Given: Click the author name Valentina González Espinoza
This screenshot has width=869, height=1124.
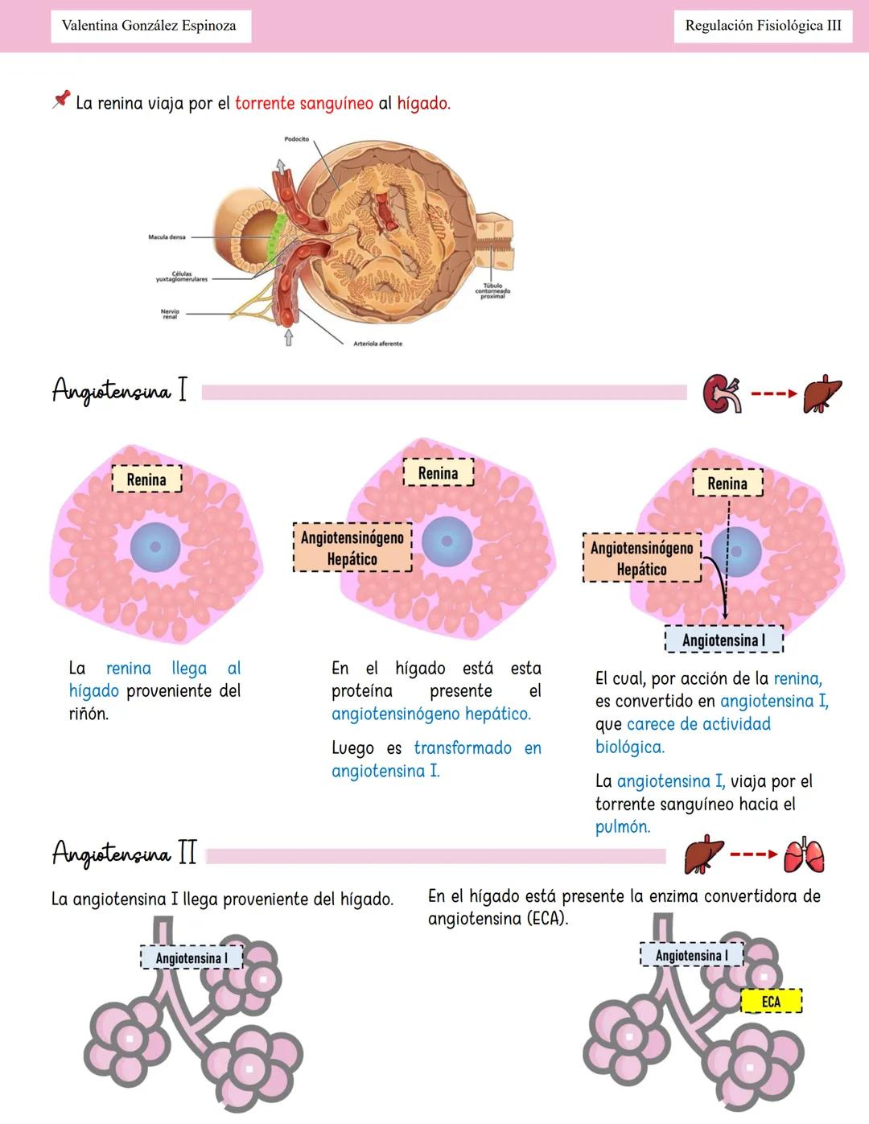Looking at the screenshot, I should pos(150,26).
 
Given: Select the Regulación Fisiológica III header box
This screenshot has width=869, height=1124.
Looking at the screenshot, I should pos(762,26).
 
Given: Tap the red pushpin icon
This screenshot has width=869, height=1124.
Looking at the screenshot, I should pos(61,100).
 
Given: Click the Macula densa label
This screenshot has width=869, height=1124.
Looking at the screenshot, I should pos(167,237).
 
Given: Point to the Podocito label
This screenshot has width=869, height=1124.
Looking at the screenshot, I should pos(296,139).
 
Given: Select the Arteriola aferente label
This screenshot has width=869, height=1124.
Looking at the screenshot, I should pos(377,344).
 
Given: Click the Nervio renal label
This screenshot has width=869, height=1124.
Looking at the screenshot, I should pos(170,314).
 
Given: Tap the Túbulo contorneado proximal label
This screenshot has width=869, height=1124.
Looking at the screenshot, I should pos(492,290).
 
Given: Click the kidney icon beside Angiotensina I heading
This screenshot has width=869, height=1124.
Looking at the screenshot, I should pos(722,394).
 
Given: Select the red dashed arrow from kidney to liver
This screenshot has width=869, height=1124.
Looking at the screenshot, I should pos(773,394).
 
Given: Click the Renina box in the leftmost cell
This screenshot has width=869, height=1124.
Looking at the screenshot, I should pos(146,480).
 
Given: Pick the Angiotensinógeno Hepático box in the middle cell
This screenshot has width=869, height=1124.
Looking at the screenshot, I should pos(352,548).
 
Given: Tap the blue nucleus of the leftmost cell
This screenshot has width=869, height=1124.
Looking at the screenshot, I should pos(154,547).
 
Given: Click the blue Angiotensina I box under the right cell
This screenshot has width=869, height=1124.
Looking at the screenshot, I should pos(723,640).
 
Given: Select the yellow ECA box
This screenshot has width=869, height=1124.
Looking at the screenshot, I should pos(771,1002).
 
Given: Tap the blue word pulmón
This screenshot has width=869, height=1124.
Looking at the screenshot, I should pos(623,827).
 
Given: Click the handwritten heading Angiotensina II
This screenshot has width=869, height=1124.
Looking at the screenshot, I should pos(124,853).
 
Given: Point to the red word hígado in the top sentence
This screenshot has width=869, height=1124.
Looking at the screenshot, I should pos(423,104).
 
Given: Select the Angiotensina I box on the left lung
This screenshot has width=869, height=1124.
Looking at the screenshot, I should pos(191,958).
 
